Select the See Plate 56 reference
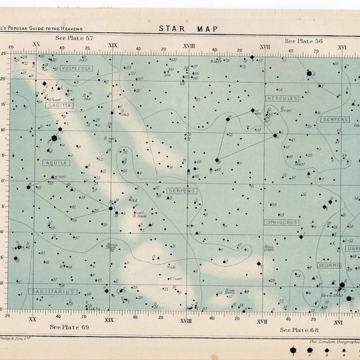[304, 41]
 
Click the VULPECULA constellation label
[76, 68]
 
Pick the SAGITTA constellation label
[58, 104]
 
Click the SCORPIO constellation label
[329, 265]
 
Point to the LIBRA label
[353, 248]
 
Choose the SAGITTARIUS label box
[53, 292]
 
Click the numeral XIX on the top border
[112, 45]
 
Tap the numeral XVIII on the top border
[188, 46]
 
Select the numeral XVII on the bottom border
[263, 322]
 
